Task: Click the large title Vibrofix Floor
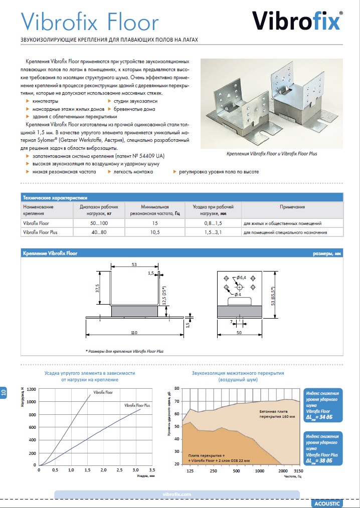pos(90,22)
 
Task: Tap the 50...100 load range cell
pos(99,223)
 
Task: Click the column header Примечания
pos(292,207)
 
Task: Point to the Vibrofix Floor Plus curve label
pos(136,404)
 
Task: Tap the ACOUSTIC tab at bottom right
pos(326,502)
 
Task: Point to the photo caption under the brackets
pos(272,154)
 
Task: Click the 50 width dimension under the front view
pos(240,333)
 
